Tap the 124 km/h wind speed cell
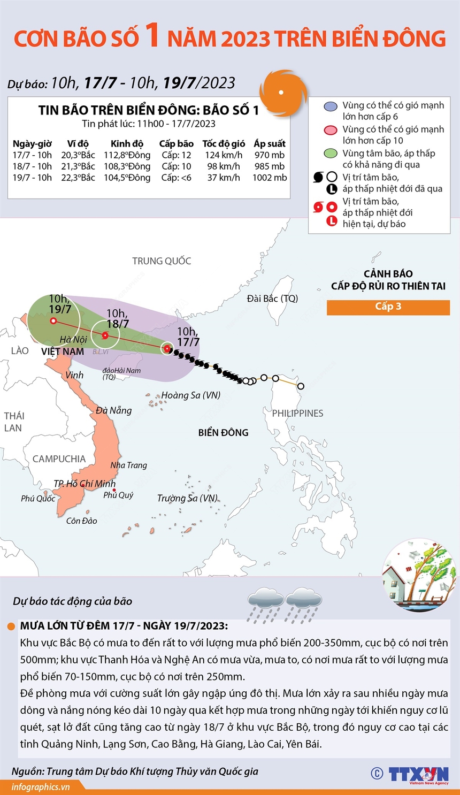tap(224, 155)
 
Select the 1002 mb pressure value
tap(270, 178)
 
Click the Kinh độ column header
tap(127, 143)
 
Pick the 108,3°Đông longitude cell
tap(127, 166)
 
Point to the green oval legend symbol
tap(331, 154)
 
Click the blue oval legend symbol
tap(331, 106)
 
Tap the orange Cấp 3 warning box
tap(388, 307)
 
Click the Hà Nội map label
tap(73, 339)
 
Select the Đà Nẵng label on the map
tap(113, 410)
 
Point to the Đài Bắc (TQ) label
tap(272, 299)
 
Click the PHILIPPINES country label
tap(297, 413)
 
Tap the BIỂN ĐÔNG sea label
tap(223, 432)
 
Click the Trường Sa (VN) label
tap(187, 498)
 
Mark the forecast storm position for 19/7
tap(53, 321)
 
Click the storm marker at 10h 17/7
tap(168, 349)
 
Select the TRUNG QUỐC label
tap(162, 261)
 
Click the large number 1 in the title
tap(153, 36)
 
